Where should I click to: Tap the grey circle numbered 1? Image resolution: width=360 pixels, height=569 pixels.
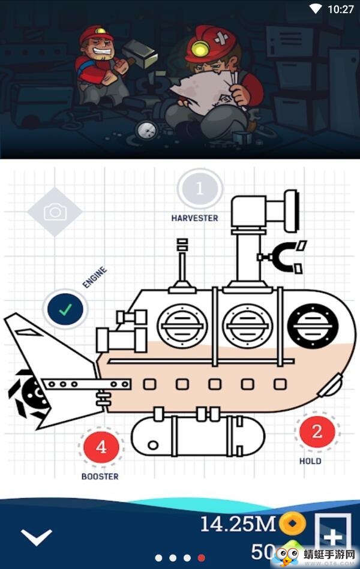(200, 189)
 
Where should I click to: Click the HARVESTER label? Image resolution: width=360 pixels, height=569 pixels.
(194, 218)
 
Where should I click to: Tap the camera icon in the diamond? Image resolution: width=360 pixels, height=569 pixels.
(55, 212)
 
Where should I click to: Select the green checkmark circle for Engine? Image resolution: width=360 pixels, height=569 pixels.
(65, 309)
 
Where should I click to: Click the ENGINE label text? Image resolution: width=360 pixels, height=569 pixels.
(95, 278)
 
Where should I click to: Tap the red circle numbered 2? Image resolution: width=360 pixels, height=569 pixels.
(317, 431)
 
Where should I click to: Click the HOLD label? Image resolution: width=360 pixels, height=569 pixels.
(310, 461)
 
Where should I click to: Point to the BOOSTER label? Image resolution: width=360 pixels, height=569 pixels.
(100, 477)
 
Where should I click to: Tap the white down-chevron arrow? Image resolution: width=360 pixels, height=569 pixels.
(37, 536)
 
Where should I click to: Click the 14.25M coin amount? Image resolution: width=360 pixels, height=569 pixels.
(237, 524)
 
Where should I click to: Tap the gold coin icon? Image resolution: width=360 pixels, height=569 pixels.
(292, 524)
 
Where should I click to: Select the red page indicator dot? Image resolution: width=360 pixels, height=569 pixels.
(202, 558)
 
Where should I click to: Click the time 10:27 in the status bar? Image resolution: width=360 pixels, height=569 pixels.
(341, 9)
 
